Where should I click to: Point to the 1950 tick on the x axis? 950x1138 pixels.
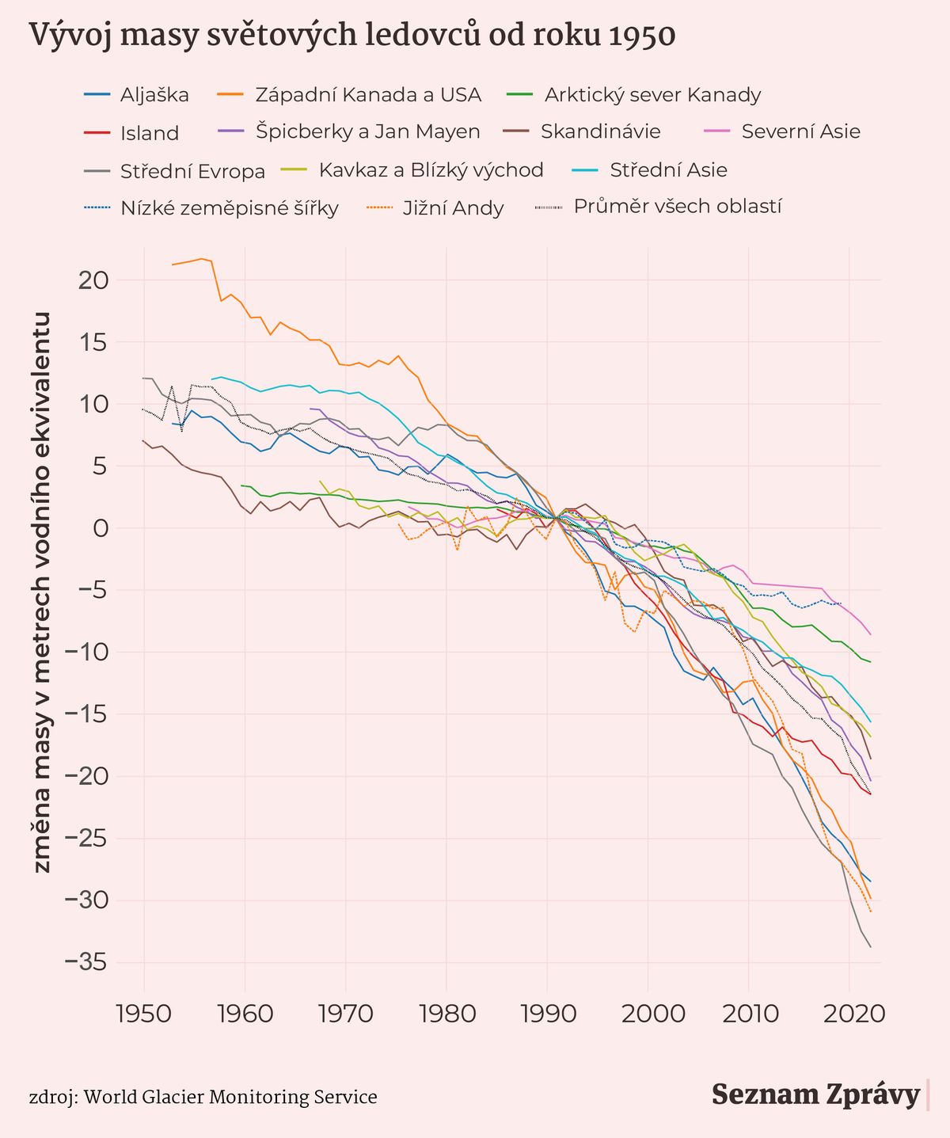(x=144, y=1014)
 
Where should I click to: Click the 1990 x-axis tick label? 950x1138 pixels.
(x=546, y=1014)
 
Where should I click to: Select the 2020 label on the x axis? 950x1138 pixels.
(x=849, y=1014)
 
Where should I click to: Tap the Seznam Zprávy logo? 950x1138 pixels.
(x=815, y=1094)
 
